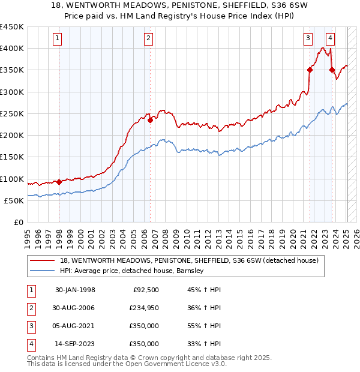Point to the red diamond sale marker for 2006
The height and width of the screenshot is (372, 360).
tap(151, 119)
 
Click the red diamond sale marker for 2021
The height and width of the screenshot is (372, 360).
tap(310, 70)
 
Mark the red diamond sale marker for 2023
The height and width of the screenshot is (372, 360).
tap(332, 70)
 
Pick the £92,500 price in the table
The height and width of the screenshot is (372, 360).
tap(144, 290)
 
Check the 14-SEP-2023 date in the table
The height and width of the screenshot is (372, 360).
tap(75, 344)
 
